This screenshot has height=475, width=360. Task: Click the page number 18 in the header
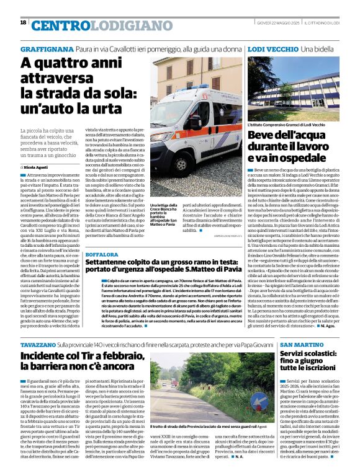23,22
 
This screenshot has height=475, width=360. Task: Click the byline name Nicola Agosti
38,167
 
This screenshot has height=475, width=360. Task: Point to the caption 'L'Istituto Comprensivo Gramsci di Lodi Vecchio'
286,125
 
